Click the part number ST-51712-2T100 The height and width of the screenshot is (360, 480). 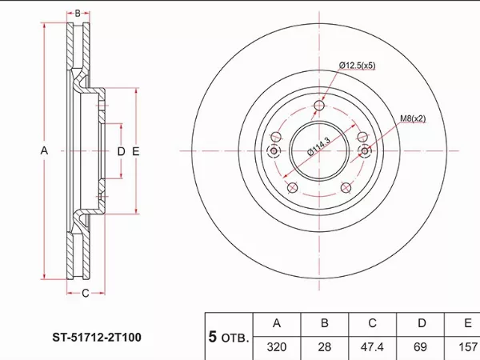click(x=97, y=338)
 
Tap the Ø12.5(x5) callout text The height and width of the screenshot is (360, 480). click(x=358, y=66)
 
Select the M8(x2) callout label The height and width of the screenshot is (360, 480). click(x=413, y=118)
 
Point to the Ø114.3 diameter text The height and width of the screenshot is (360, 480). click(x=318, y=146)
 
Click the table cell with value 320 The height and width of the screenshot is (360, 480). click(x=277, y=347)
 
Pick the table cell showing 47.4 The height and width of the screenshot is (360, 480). click(x=372, y=347)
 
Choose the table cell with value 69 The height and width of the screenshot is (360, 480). click(x=420, y=347)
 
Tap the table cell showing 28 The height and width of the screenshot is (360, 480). click(x=325, y=347)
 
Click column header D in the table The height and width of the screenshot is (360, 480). click(x=422, y=323)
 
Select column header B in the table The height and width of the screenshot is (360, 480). click(x=325, y=323)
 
